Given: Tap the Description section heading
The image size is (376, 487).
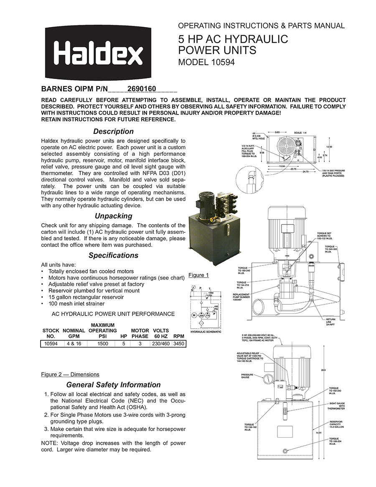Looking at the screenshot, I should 113,132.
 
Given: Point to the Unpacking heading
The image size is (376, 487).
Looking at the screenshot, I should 113,216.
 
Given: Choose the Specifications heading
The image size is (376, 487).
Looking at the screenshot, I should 113,255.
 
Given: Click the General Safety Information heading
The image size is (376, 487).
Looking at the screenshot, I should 113,385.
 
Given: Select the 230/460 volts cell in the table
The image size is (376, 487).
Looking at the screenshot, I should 160,344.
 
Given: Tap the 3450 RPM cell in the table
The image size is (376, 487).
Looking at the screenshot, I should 179,344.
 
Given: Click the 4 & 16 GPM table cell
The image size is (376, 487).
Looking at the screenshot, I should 74,344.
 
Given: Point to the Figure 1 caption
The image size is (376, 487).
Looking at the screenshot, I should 198,275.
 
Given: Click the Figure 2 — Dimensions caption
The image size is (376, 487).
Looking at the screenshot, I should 70,374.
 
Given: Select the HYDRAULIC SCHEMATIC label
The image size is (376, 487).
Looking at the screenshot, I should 206,331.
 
